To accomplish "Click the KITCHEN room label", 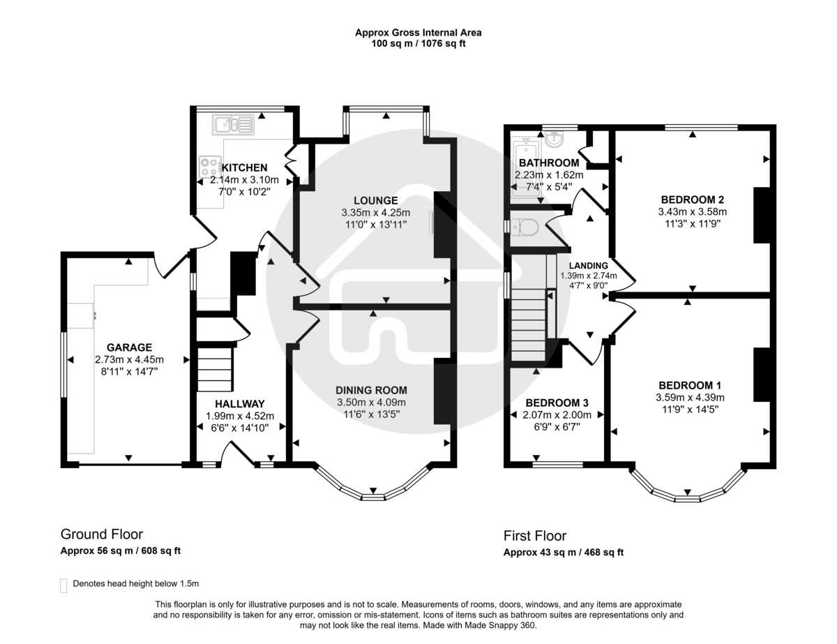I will pos(244,167).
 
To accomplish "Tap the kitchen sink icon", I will pos(233,126).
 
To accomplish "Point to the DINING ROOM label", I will pos(371,390).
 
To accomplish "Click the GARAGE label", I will pos(129,347).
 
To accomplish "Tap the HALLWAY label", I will pos(239,403).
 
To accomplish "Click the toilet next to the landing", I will pos(524,227).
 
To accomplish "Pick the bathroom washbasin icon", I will pos(556,140).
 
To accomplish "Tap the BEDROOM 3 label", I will pos(557,403).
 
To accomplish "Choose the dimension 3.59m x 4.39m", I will pos(690,398).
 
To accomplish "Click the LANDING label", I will pos(588,265).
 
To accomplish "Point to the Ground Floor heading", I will pos(101,534).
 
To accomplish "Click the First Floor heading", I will pos(535,536).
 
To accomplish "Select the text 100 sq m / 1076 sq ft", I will pos(418,43).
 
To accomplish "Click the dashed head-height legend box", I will pos(64,585).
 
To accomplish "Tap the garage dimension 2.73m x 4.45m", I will pos(129,359).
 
